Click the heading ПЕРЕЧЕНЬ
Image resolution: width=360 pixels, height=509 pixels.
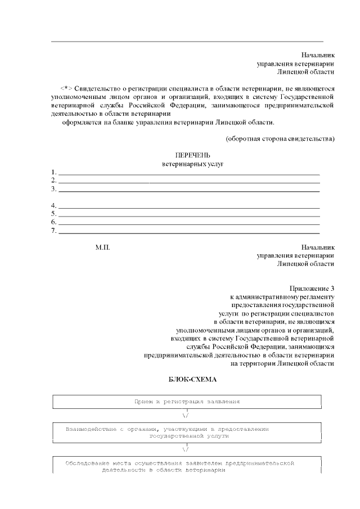tap(192, 155)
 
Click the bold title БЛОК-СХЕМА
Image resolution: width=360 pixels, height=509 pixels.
tap(192, 380)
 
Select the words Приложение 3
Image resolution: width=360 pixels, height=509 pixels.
tap(312, 287)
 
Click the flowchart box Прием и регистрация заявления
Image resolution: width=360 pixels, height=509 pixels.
tap(187, 402)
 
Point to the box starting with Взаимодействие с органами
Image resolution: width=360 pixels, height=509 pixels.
tap(187, 432)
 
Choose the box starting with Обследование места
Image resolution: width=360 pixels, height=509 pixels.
tap(187, 466)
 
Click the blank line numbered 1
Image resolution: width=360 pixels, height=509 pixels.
tap(189, 173)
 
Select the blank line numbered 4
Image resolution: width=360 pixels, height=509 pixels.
tap(189, 206)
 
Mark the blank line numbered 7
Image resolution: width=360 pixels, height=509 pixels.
tap(189, 231)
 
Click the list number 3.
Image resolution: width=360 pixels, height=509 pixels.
tap(53, 189)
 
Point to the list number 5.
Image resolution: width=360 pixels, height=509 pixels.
tap(53, 214)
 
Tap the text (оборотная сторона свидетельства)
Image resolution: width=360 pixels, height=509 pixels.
tap(280, 138)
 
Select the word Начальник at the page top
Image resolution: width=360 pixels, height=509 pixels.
tap(318, 55)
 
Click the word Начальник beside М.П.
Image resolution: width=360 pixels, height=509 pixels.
tap(318, 247)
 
